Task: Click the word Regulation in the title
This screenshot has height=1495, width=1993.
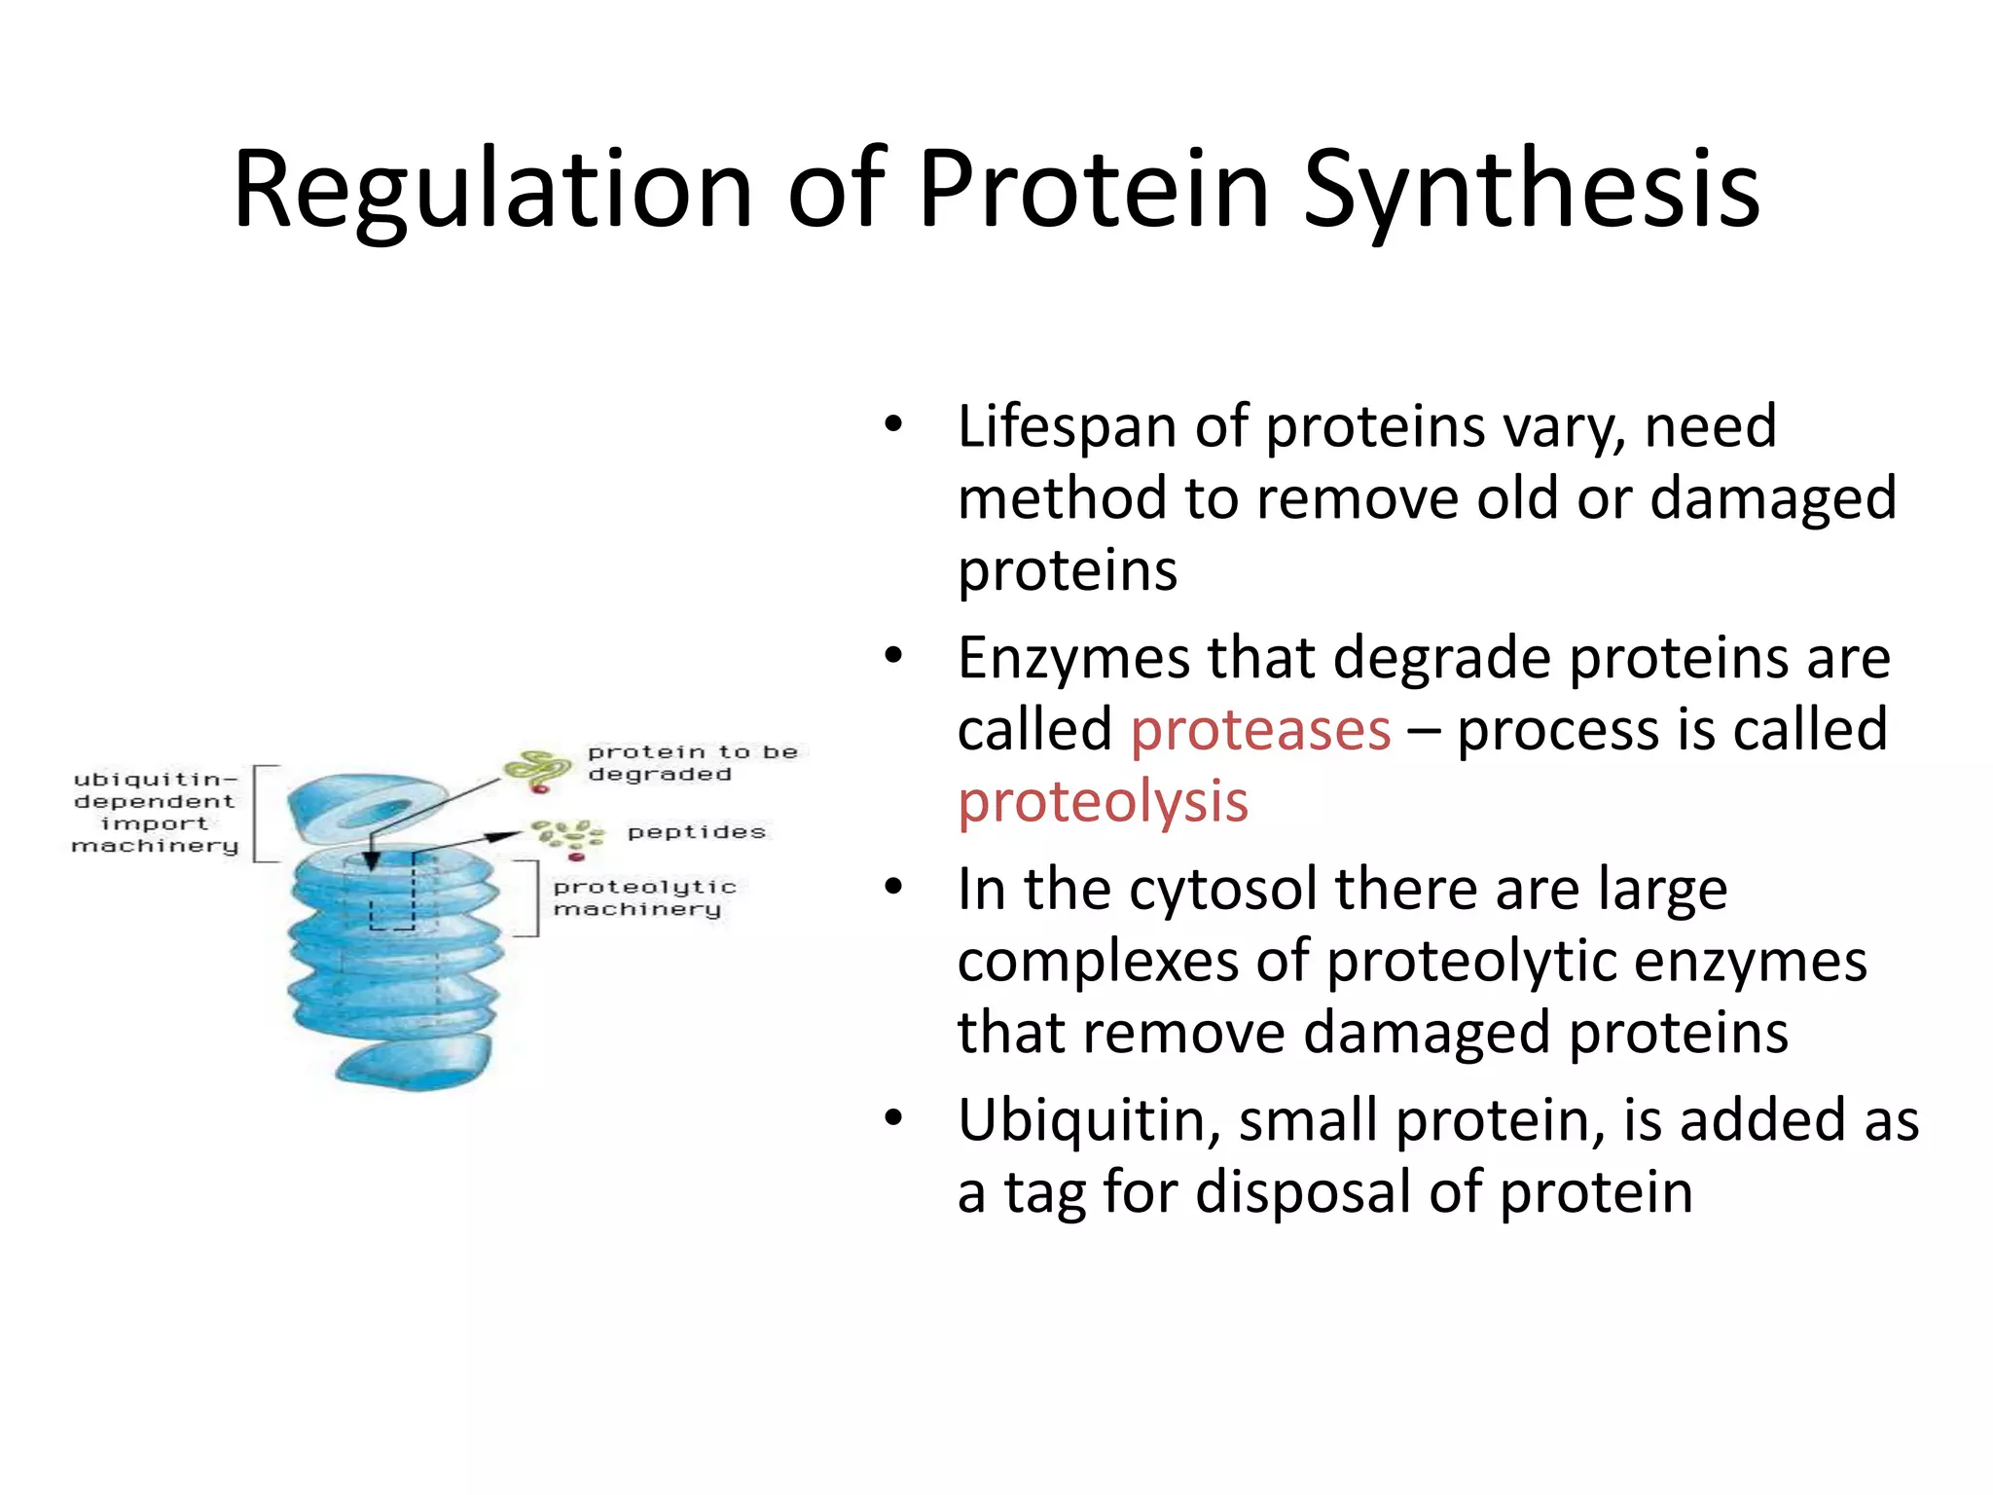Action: coord(492,190)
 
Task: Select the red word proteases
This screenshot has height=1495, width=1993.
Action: coord(1260,730)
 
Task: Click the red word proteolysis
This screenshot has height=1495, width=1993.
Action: coord(1103,802)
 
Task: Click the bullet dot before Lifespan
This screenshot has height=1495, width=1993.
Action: coord(893,425)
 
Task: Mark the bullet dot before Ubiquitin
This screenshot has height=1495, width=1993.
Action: coord(893,1118)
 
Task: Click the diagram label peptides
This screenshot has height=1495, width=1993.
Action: coord(697,832)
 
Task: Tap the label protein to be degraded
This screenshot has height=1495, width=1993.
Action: coord(691,763)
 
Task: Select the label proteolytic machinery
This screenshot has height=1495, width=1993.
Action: coord(643,897)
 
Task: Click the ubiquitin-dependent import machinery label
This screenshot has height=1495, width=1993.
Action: coord(154,813)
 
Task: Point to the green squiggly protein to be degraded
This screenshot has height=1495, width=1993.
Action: coord(536,770)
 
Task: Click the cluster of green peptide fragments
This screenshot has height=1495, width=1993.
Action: coord(567,836)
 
